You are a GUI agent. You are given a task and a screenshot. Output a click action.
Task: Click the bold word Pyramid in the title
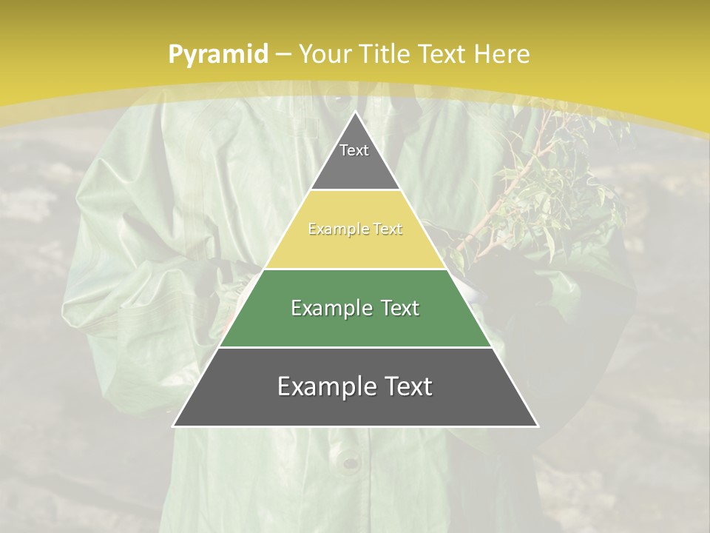pos(217,54)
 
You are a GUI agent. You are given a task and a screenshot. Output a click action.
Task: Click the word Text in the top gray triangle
pos(354,150)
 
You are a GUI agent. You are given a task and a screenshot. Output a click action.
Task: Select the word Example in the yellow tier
pos(334,229)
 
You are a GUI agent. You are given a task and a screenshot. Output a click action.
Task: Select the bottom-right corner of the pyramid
pos(538,426)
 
